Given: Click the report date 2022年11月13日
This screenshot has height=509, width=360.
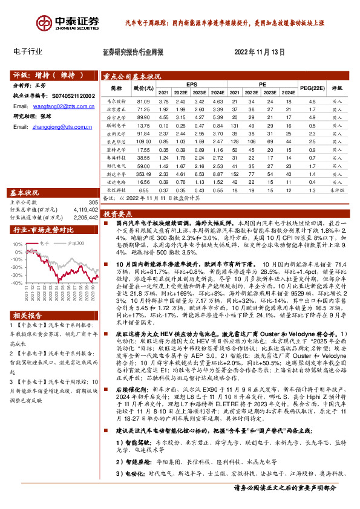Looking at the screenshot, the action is tap(259, 53).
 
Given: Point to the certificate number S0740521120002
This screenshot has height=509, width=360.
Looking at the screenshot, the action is tap(71, 96).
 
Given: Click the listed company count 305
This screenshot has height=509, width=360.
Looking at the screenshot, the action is tap(93, 202).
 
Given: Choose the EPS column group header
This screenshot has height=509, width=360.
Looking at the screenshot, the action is tap(192, 85).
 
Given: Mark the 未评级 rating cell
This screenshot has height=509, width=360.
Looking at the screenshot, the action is tap(337, 189).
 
